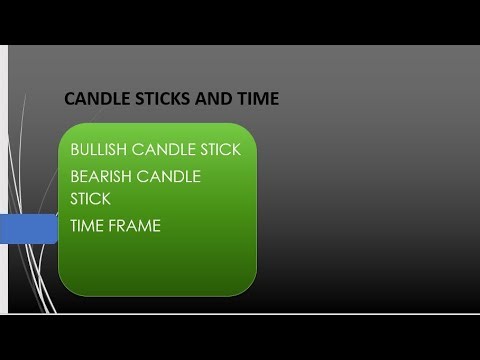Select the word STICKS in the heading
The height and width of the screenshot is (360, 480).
click(153, 99)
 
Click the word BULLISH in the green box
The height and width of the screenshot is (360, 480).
click(98, 151)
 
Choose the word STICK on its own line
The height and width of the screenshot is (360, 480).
click(90, 199)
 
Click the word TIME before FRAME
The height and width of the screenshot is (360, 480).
click(87, 226)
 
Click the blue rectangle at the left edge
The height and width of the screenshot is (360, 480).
click(28, 228)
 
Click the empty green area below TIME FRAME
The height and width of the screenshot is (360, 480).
click(157, 265)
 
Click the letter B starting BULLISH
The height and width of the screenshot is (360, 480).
click(75, 151)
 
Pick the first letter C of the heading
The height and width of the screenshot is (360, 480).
click(69, 99)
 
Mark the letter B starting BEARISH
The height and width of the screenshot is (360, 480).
click(75, 177)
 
